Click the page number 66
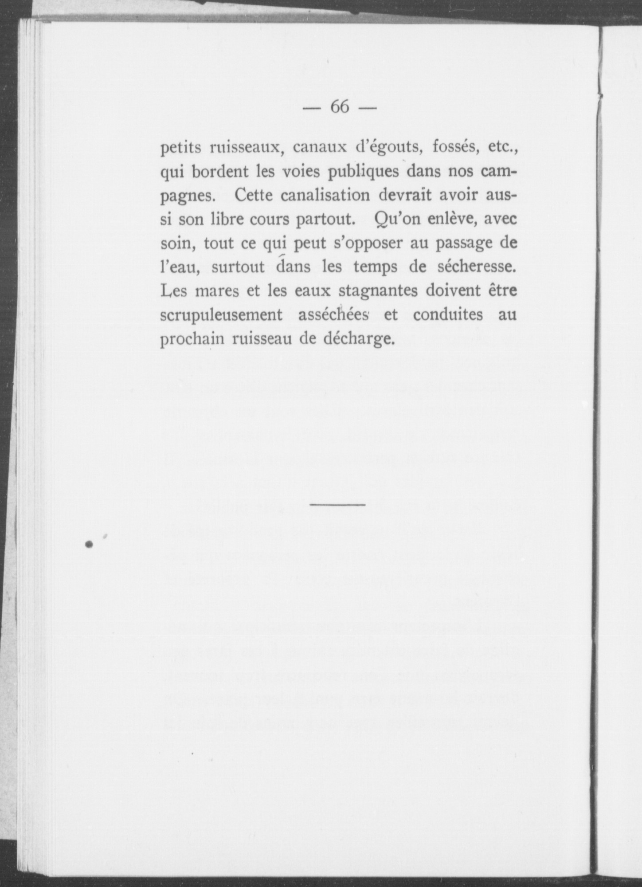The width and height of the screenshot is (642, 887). (340, 107)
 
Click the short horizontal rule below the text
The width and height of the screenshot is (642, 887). (337, 504)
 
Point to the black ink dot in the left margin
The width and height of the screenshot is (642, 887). (89, 544)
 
